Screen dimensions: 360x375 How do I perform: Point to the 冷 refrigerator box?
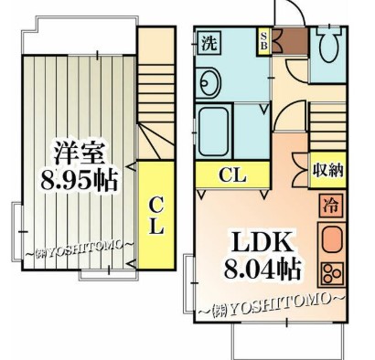(328, 206)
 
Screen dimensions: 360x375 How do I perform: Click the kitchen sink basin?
(328, 240)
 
